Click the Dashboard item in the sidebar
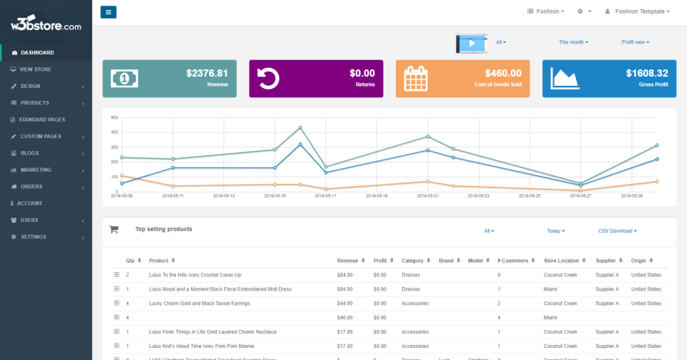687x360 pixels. [x=36, y=52]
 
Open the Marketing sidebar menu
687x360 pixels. [x=36, y=170]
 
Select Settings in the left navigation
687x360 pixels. [x=33, y=237]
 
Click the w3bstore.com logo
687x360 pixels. [x=46, y=26]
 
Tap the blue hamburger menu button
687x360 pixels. [x=108, y=11]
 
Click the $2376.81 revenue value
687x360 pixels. [x=207, y=73]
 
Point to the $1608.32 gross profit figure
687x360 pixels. [x=646, y=73]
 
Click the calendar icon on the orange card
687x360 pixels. [x=415, y=79]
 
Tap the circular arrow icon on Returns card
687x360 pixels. [x=268, y=79]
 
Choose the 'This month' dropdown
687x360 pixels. [x=573, y=42]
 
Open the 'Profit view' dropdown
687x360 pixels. [x=635, y=42]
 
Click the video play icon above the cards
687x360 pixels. [x=472, y=43]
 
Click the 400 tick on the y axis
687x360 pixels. [x=114, y=132]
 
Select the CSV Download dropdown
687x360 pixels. [x=617, y=231]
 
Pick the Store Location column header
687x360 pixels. [x=561, y=261]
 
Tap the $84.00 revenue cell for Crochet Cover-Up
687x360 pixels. [x=345, y=275]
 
